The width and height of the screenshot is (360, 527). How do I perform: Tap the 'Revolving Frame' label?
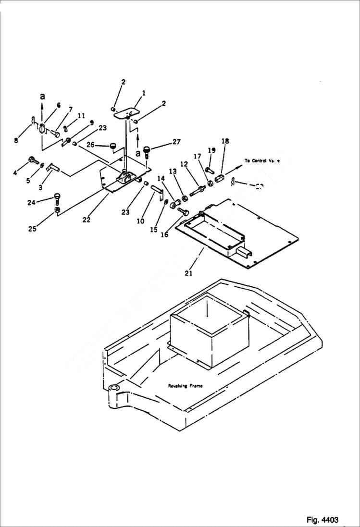[x=186, y=386]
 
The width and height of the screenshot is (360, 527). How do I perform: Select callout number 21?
[x=188, y=273]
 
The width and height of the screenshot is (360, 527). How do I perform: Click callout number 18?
[x=225, y=141]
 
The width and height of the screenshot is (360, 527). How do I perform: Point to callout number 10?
[x=140, y=221]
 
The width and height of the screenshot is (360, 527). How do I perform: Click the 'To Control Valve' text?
[x=262, y=161]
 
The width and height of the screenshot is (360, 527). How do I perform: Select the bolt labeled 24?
[x=57, y=197]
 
